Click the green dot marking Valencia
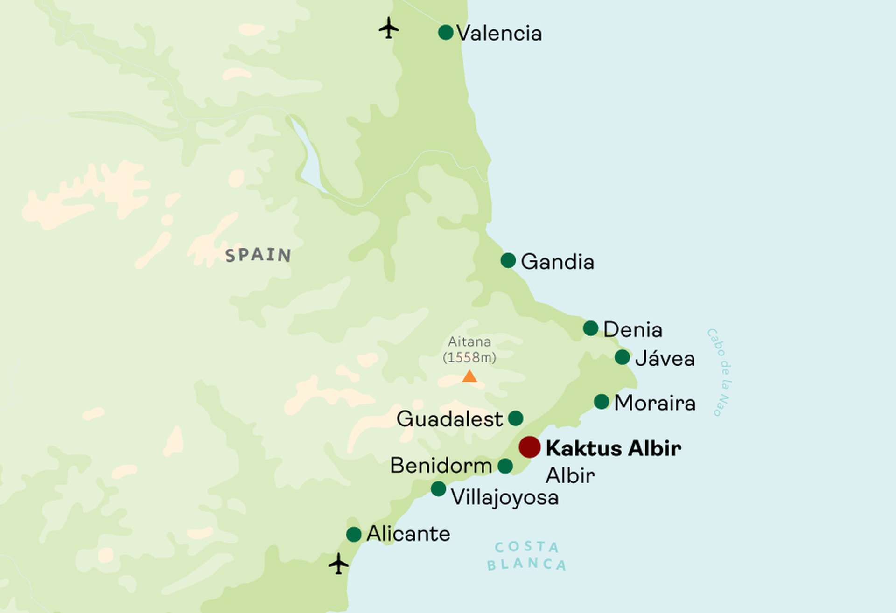pos(446,33)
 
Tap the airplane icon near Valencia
pos(388,28)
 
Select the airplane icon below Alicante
pos(338,564)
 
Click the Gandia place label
pos(557,262)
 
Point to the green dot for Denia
pos(590,328)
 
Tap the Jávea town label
pos(665,359)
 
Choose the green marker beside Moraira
pos(602,401)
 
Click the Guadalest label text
pos(449,419)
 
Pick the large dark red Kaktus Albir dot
pos(530,447)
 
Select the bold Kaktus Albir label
pos(613,448)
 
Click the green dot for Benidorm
pos(505,466)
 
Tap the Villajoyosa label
pos(504,497)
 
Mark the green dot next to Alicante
pos(354,534)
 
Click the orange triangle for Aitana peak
pos(469,376)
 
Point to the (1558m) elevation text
pos(469,358)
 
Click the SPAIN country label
pos(258,255)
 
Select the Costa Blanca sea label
pos(526,556)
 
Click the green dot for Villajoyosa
pos(438,488)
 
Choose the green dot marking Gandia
pos(508,260)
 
